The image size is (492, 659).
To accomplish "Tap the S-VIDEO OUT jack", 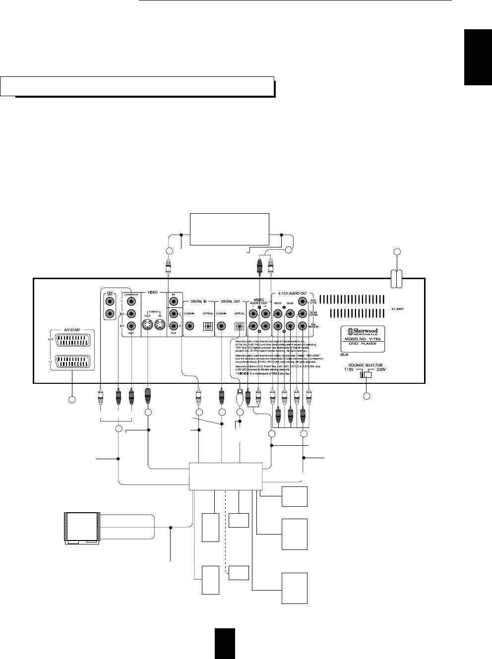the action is (x=147, y=326).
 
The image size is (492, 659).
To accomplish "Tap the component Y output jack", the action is (x=131, y=301).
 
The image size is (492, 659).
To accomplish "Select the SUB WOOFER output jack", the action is (x=302, y=326).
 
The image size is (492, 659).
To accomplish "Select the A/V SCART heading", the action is (x=72, y=329).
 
